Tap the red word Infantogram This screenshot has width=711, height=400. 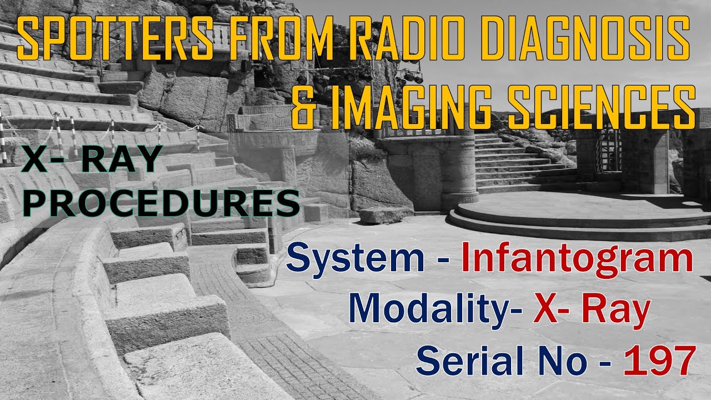tap(578, 259)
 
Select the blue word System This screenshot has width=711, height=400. tap(355, 259)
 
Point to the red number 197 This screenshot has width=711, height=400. tap(659, 360)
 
